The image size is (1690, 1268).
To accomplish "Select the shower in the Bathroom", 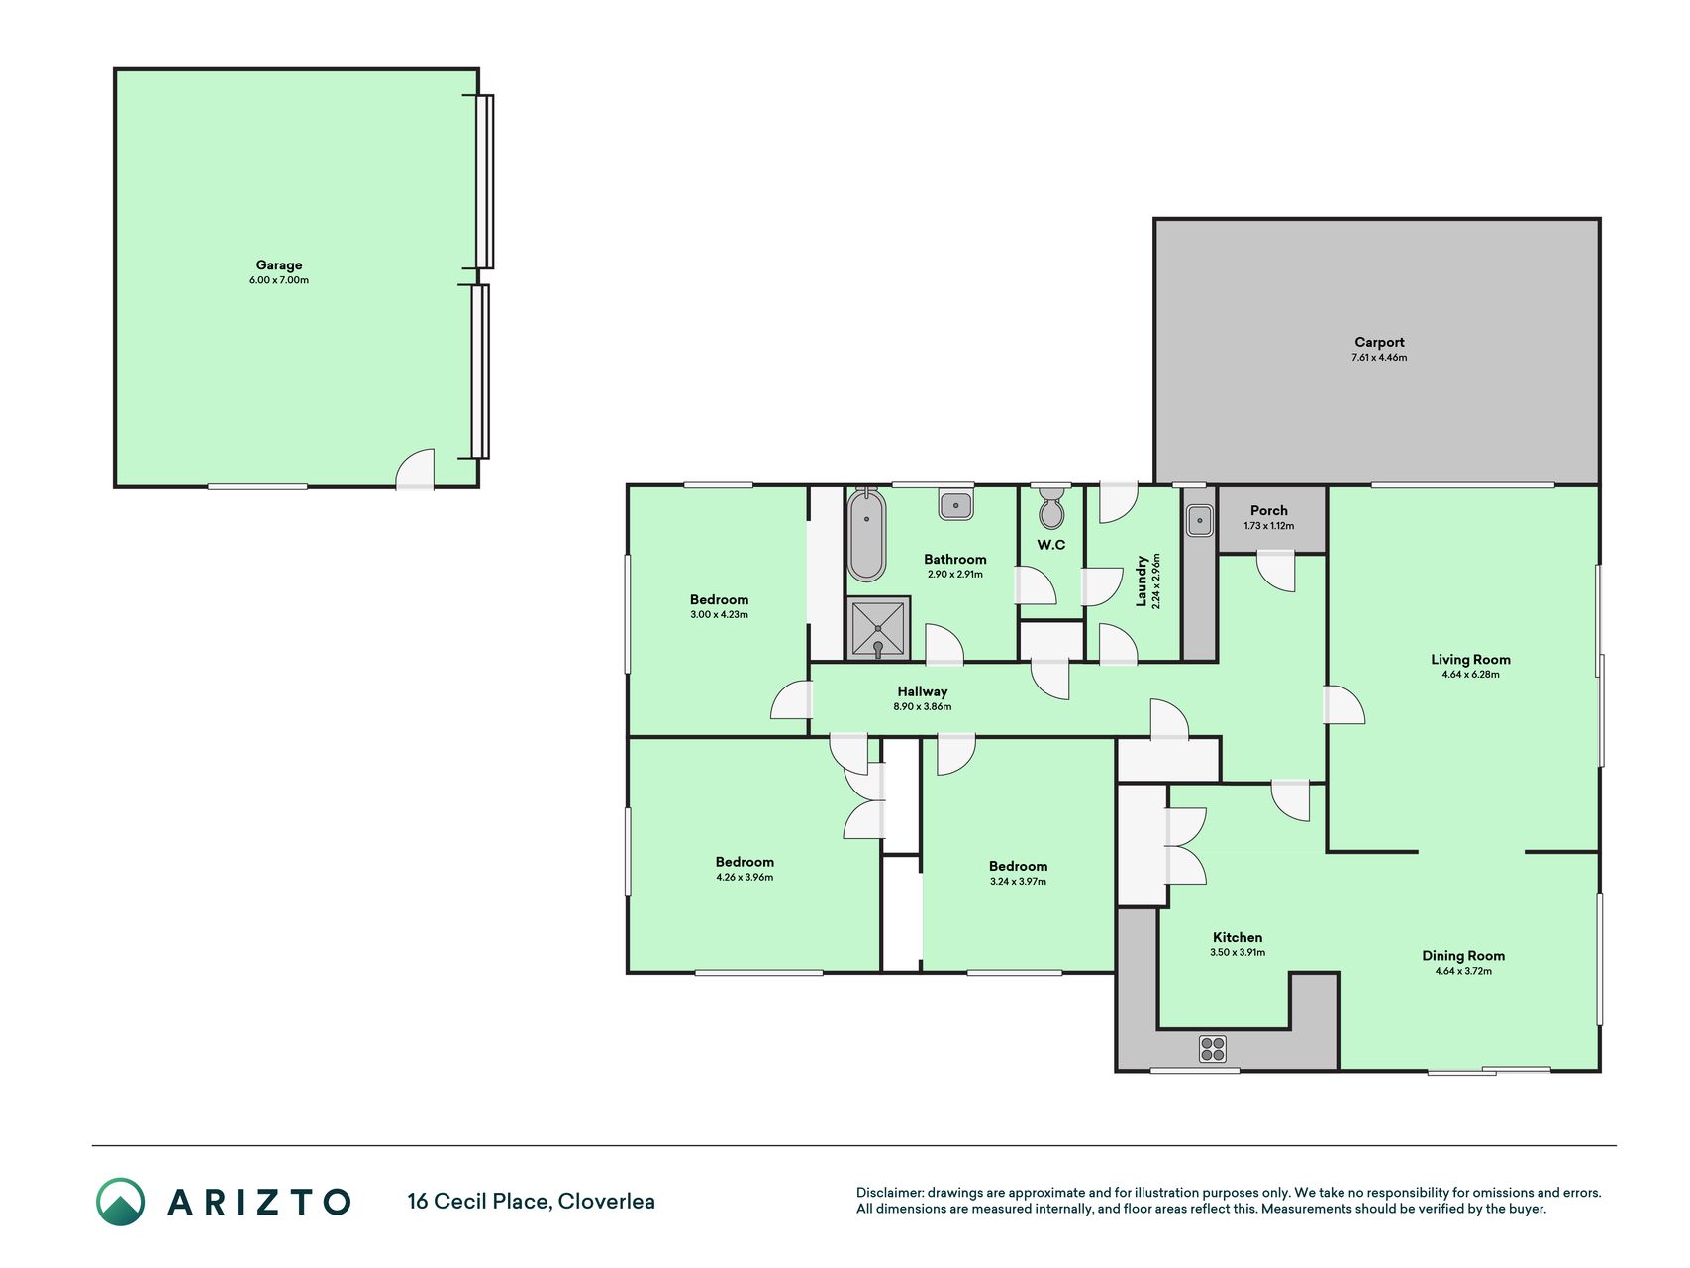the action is tap(878, 628).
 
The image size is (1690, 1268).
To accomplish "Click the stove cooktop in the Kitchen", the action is tap(1213, 1049).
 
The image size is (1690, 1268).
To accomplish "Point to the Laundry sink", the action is tap(1200, 520).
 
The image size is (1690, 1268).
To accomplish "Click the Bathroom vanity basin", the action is tap(956, 504).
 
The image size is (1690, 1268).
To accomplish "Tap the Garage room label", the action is tap(279, 264).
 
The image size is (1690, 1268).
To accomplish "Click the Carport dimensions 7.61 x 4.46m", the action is tap(1379, 358).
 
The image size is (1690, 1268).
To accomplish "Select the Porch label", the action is tap(1269, 511).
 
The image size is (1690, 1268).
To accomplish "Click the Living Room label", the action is tap(1470, 659).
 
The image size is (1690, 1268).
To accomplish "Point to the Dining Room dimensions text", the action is tap(1463, 972).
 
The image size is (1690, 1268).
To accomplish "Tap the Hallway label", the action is tap(923, 691).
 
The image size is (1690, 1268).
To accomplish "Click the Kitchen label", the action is tap(1238, 937).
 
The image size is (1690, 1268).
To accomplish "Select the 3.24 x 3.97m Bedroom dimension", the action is tap(1018, 882).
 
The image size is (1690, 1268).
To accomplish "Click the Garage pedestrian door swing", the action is tap(415, 470).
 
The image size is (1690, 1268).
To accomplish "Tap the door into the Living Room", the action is tap(1344, 704).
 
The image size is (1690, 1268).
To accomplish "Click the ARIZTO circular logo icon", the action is tap(120, 1202).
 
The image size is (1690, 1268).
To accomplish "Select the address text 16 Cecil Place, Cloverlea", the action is tap(531, 1202).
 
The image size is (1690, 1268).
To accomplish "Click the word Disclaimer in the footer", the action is tap(889, 1193).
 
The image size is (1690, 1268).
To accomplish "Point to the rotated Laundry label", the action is tap(1142, 581).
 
